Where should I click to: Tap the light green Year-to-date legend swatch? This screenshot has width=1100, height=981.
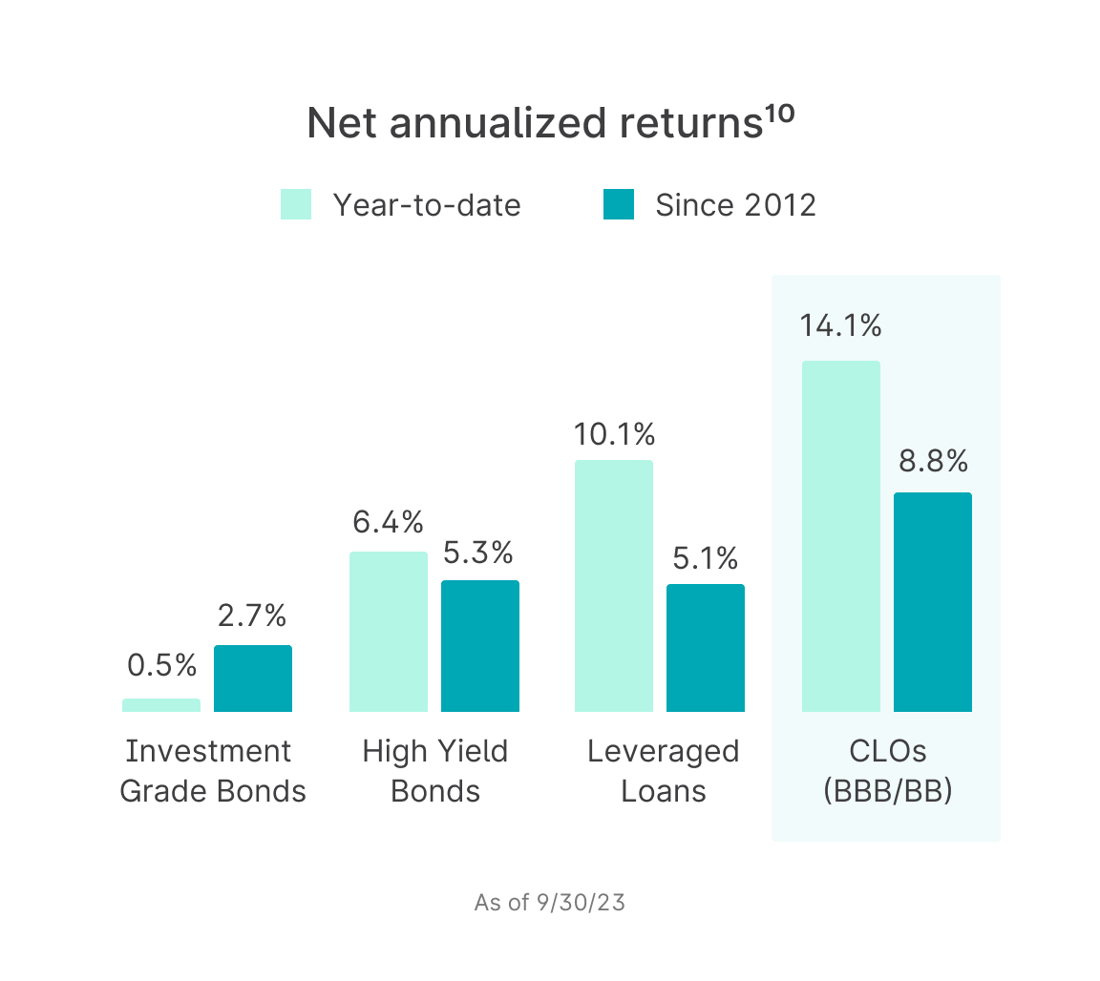point(296,204)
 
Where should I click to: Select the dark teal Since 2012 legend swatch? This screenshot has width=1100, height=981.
point(619,204)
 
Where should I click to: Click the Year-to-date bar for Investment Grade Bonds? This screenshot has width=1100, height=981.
point(161,705)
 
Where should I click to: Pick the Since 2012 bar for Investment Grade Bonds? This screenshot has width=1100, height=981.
point(253,678)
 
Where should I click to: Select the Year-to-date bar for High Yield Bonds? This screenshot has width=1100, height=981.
point(389,632)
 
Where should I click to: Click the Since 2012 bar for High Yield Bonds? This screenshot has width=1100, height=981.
point(480,646)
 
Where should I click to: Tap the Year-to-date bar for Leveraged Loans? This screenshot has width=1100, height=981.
point(614,586)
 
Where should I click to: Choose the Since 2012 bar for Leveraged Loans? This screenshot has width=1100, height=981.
point(706,648)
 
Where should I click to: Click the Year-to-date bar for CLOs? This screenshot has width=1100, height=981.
point(841,536)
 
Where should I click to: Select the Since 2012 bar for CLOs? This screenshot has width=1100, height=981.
point(933,602)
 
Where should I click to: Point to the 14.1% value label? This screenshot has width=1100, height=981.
point(841,326)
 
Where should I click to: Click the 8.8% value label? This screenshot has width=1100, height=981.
point(933,462)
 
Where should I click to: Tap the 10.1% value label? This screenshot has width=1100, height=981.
point(614,435)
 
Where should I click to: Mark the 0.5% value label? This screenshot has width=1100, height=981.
point(161,666)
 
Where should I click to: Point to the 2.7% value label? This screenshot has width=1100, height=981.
point(252,616)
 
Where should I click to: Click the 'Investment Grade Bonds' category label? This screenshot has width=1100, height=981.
point(213,771)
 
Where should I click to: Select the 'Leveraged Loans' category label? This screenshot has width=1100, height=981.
point(664,771)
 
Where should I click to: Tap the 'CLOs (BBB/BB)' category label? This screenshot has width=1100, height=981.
point(888,771)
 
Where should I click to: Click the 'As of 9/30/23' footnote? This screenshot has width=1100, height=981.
point(550,903)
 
